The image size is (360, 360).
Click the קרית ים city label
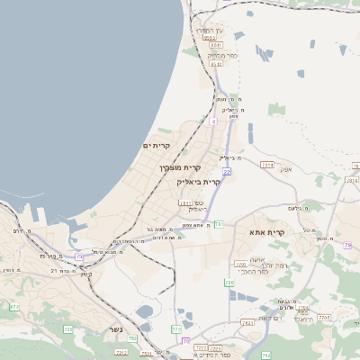(x=157, y=145)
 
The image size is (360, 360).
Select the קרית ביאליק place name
(x=199, y=181)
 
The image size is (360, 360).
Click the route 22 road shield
(x=228, y=171)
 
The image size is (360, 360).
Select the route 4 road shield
(x=213, y=120)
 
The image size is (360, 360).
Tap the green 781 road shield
(x=219, y=223)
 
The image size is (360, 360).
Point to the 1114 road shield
(x=266, y=165)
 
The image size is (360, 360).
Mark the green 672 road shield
(x=13, y=307)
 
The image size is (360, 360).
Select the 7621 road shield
(x=247, y=321)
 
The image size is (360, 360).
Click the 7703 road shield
(x=326, y=317)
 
